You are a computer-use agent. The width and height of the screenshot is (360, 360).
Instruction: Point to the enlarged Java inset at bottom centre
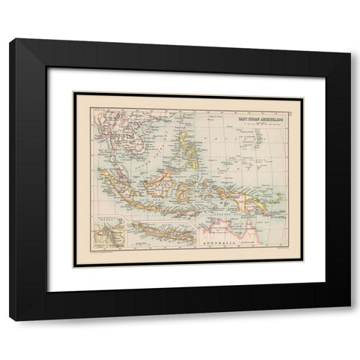point(161,232)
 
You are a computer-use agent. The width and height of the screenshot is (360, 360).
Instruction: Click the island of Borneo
point(160,184)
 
